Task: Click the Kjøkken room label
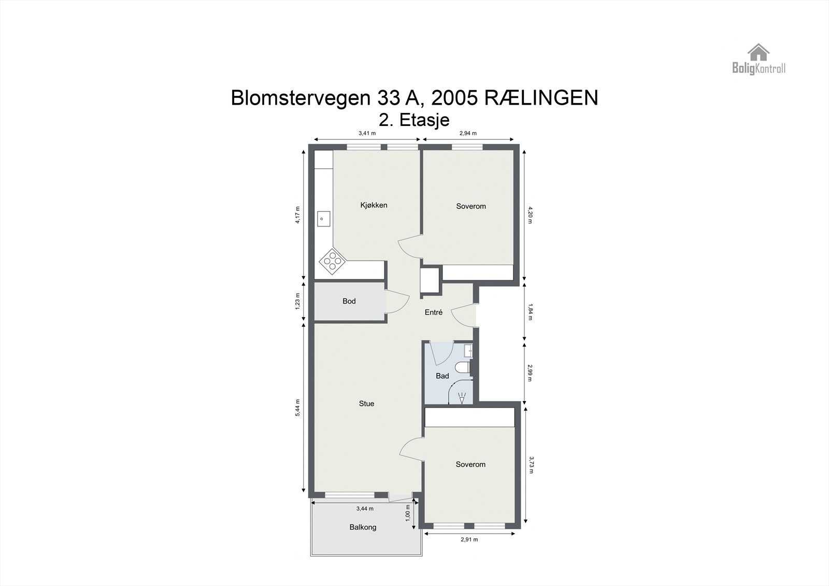pos(374,205)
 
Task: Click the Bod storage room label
pos(349,301)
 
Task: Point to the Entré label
pos(433,312)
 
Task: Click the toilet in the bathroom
pos(462,368)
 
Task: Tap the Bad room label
pos(442,376)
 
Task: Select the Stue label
pos(366,404)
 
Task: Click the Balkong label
pos(363,527)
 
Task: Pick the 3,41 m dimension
pos(367,133)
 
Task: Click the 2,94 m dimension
pos(468,133)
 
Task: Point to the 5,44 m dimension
pos(297,407)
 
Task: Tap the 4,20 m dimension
pos(530,215)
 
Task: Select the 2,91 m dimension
pos(469,539)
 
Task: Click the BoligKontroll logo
pos(759,59)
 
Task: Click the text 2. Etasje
pos(414,120)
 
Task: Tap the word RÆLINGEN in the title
pos(541,98)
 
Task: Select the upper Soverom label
pos(471,206)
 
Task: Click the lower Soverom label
pos(470,464)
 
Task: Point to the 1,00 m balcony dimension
pos(408,513)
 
